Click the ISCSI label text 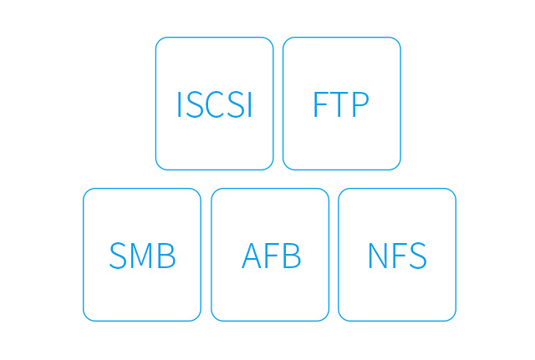[x=215, y=104]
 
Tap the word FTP [x=341, y=104]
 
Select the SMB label [x=142, y=256]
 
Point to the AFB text [x=271, y=256]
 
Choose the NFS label [x=398, y=256]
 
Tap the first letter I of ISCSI [x=179, y=104]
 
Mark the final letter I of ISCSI [x=250, y=104]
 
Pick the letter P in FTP [x=360, y=104]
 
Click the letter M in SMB [x=142, y=256]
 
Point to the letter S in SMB [x=118, y=256]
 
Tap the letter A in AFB [x=253, y=256]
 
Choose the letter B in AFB [x=292, y=256]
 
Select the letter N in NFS [x=379, y=256]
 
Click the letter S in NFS [x=418, y=256]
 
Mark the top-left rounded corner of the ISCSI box [x=159, y=41]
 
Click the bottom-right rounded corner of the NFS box [x=453, y=317]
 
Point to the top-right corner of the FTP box [x=397, y=41]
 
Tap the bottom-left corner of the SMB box [x=87, y=317]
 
